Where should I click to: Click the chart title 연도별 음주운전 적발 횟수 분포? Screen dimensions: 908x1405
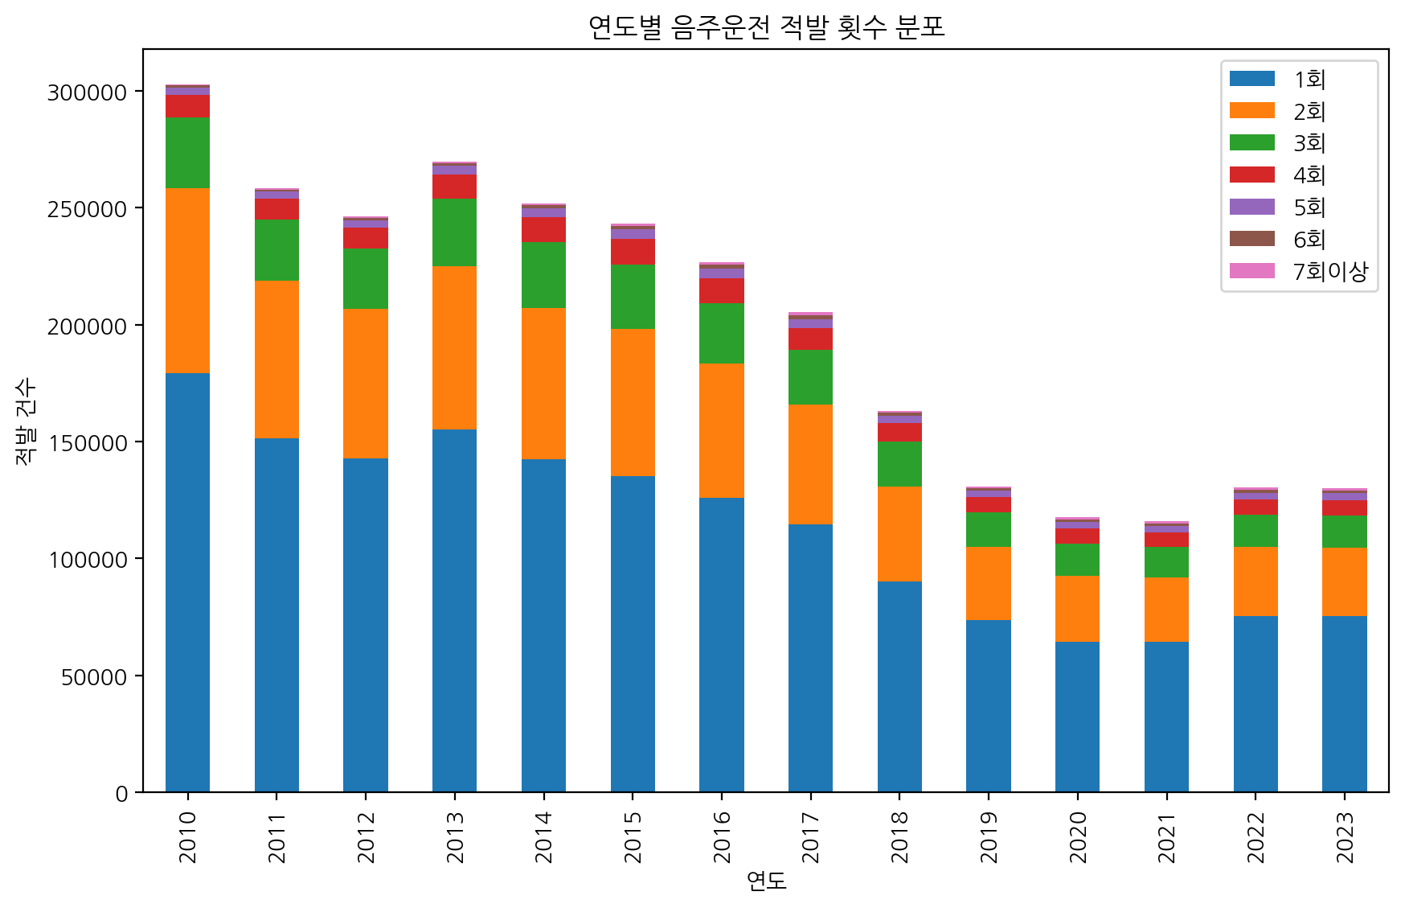point(766,27)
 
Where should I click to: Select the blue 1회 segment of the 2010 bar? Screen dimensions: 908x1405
point(187,582)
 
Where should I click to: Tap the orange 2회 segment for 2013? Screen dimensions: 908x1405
point(454,347)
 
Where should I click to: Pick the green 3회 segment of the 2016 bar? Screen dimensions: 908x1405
point(721,333)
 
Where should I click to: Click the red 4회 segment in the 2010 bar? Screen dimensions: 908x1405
point(187,106)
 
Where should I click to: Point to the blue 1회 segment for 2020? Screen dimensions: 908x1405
point(1077,717)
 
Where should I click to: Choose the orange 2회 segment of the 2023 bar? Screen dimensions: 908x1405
point(1344,581)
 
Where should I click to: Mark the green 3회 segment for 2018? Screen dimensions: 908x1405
point(899,464)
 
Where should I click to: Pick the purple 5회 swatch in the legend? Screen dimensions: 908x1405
point(1251,207)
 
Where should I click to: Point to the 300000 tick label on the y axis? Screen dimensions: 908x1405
point(88,92)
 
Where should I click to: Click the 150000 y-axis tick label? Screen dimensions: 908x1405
point(88,443)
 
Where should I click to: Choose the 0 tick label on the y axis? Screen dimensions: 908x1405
point(121,794)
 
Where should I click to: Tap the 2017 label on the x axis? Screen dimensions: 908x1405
point(810,837)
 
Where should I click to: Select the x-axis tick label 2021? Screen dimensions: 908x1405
point(1166,837)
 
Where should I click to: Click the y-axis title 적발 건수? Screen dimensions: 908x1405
point(26,421)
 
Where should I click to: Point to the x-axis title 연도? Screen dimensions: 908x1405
point(766,881)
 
